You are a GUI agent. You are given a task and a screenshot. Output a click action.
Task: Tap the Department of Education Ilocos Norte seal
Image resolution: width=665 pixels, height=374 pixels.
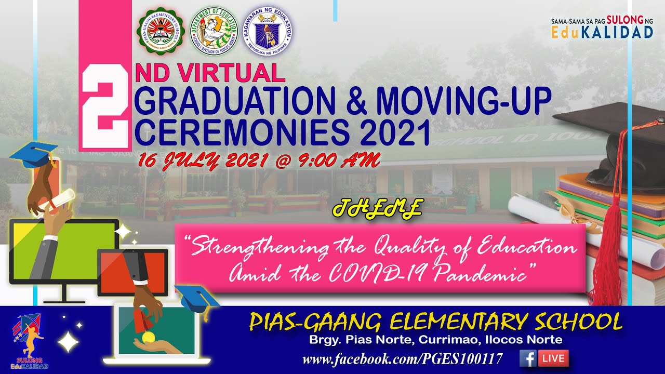214,32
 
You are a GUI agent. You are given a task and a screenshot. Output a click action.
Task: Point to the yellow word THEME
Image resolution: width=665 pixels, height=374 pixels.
377,208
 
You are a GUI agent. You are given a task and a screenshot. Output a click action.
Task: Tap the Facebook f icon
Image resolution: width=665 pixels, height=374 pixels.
528,358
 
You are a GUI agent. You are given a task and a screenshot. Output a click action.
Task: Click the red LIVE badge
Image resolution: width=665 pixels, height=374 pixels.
553,358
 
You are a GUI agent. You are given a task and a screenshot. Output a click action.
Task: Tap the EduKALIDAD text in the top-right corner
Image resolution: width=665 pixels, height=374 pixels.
603,32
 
